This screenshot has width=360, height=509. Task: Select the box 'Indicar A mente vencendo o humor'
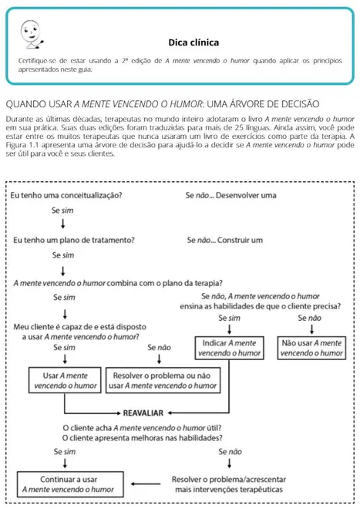click(230, 347)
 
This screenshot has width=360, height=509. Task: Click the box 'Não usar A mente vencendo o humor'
click(311, 347)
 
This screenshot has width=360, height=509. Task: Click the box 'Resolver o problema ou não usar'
click(160, 379)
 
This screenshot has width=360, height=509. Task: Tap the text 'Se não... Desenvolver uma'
click(230, 196)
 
